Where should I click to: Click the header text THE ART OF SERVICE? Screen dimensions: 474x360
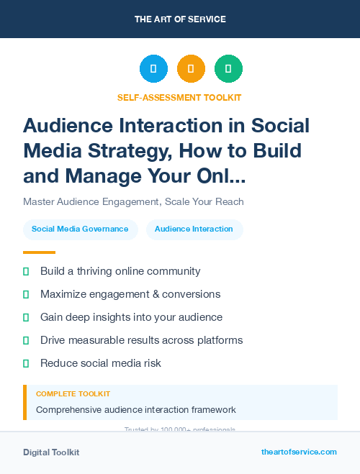click(179, 19)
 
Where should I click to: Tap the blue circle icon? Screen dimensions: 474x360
click(153, 69)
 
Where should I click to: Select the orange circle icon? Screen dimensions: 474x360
click(191, 69)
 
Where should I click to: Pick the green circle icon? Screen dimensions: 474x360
click(228, 69)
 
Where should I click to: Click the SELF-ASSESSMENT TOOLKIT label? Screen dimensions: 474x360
click(179, 98)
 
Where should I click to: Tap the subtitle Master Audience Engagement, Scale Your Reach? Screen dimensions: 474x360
click(133, 201)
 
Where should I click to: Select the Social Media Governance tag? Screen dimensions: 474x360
click(80, 229)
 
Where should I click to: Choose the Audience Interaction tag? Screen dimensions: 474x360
click(194, 229)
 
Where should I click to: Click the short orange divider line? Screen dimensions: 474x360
click(39, 252)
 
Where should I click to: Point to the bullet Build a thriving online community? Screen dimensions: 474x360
click(120, 271)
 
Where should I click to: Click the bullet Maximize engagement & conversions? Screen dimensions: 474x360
click(130, 294)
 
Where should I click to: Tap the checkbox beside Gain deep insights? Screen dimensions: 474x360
click(26, 317)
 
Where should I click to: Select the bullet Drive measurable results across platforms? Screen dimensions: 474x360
click(141, 340)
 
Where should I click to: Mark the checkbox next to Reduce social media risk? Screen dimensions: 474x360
click(26, 363)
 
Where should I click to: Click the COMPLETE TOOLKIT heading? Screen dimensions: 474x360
click(73, 394)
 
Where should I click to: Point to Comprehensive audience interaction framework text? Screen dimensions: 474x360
click(136, 410)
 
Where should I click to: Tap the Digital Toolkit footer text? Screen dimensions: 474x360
click(51, 452)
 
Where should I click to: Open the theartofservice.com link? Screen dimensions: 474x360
click(299, 452)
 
